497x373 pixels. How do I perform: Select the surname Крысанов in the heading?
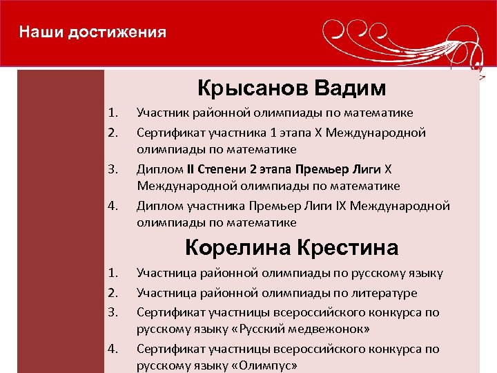pyautogui.click(x=252, y=88)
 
